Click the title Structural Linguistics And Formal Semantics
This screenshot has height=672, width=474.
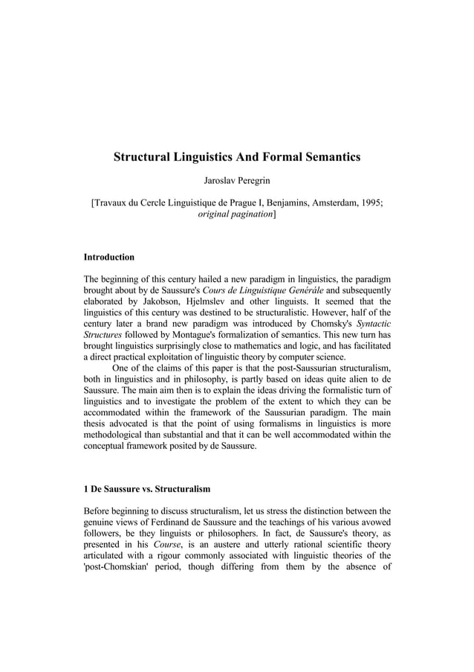pyautogui.click(x=236, y=157)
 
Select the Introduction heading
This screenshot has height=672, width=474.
pyautogui.click(x=108, y=257)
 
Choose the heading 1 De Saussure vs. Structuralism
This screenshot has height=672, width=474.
pyautogui.click(x=147, y=489)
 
